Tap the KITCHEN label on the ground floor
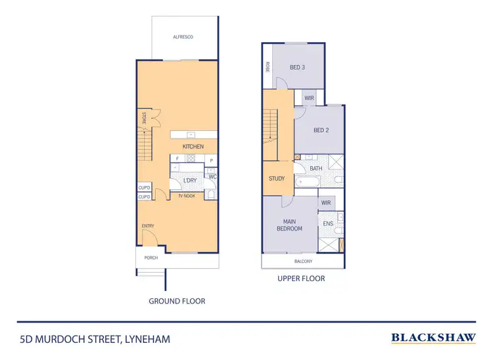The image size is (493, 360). click(x=193, y=146)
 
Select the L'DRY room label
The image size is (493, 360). click(x=190, y=181)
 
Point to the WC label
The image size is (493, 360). click(x=213, y=176)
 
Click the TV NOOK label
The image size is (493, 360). click(x=187, y=196)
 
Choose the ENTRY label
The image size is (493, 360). click(x=148, y=227)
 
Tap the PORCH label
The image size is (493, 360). click(x=151, y=258)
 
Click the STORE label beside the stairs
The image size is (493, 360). click(x=143, y=119)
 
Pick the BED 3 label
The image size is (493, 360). click(x=298, y=67)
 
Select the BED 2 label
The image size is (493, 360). click(x=321, y=130)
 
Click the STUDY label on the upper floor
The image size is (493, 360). click(x=277, y=179)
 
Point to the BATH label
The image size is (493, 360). click(x=316, y=169)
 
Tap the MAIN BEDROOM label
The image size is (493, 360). click(x=289, y=225)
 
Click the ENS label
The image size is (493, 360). click(x=328, y=224)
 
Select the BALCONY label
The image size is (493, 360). click(x=303, y=261)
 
